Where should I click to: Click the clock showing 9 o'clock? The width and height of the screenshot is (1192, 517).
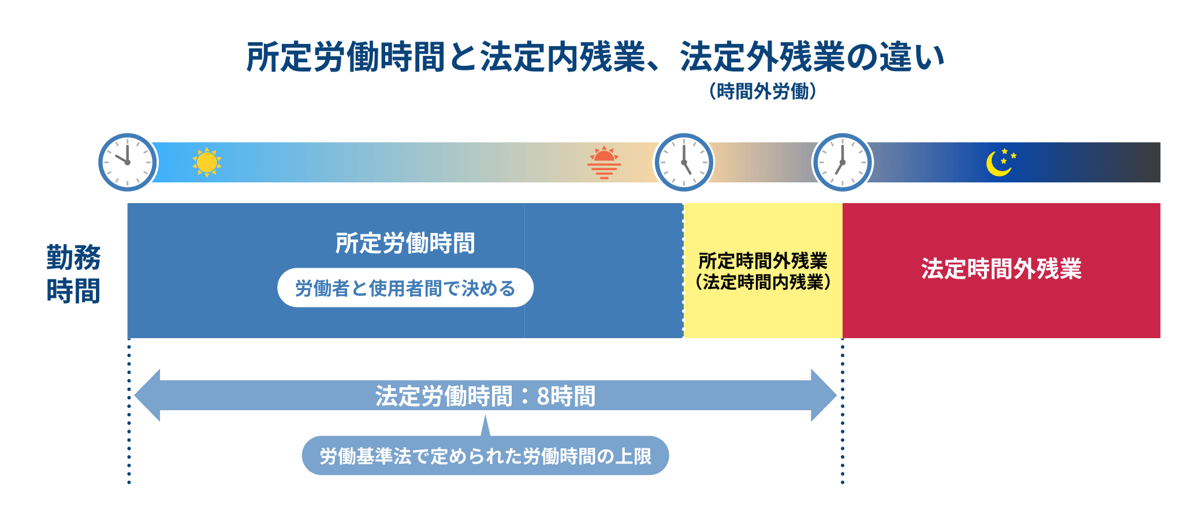pyautogui.click(x=128, y=162)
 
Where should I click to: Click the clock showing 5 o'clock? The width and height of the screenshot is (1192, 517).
pyautogui.click(x=684, y=162)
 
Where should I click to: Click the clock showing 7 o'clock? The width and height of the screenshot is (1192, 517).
pyautogui.click(x=842, y=162)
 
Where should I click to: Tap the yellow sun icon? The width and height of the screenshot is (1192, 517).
pyautogui.click(x=207, y=162)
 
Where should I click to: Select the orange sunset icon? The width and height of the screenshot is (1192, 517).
pyautogui.click(x=604, y=163)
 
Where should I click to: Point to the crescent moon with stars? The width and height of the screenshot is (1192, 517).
pyautogui.click(x=1000, y=162)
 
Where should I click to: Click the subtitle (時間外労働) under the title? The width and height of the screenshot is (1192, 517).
pyautogui.click(x=762, y=91)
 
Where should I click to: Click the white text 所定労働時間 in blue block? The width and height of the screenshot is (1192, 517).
pyautogui.click(x=405, y=243)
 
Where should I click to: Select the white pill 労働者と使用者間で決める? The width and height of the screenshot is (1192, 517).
pyautogui.click(x=405, y=288)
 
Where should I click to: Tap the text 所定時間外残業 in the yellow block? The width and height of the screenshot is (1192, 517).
pyautogui.click(x=762, y=261)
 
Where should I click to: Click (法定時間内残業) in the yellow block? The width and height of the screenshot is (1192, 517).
pyautogui.click(x=762, y=282)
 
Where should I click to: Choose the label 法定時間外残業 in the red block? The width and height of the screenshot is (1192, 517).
pyautogui.click(x=1001, y=269)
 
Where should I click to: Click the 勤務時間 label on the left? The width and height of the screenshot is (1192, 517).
pyautogui.click(x=73, y=274)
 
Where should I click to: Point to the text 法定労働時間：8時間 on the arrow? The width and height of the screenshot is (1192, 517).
pyautogui.click(x=485, y=396)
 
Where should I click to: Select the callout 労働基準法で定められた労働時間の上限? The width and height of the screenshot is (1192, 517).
pyautogui.click(x=485, y=456)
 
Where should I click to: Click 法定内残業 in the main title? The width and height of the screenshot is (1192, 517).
pyautogui.click(x=562, y=57)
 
